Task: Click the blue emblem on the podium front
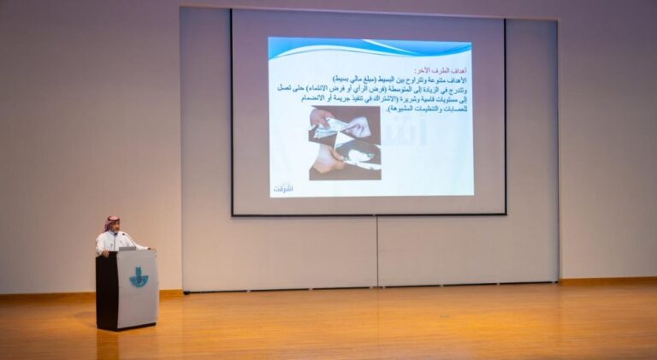pyautogui.click(x=139, y=277)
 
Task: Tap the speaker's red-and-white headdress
pyautogui.click(x=111, y=222)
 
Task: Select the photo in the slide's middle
pyautogui.click(x=345, y=143)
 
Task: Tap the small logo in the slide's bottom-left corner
pyautogui.click(x=282, y=186)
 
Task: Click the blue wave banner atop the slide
pyautogui.click(x=370, y=49)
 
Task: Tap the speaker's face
pyautogui.click(x=113, y=228)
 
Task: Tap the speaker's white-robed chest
pyautogui.click(x=111, y=242)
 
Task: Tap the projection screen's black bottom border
pyautogui.click(x=368, y=214)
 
